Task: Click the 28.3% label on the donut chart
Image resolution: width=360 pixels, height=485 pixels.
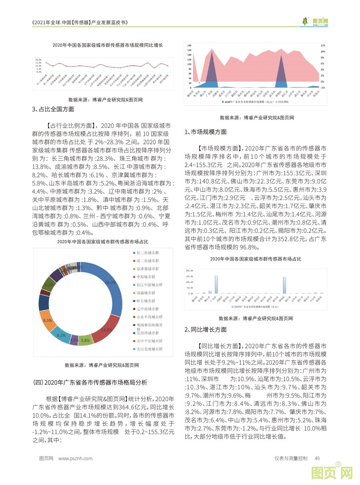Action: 111,282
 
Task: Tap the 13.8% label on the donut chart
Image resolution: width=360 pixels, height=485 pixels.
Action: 106,330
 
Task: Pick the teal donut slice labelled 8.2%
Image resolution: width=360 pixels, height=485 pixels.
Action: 61,335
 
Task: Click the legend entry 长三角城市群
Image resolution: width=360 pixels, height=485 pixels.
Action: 147,253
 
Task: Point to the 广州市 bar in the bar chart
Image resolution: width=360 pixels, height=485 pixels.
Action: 216,285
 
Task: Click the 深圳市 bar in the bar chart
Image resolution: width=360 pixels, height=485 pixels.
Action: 284,285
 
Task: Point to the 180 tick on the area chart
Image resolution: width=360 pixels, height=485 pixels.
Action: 190,45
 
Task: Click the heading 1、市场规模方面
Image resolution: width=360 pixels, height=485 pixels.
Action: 206,132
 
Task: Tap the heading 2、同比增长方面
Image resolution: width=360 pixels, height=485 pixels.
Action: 206,330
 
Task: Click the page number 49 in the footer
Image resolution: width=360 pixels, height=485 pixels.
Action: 318,459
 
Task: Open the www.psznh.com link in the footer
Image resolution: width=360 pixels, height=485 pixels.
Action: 75,459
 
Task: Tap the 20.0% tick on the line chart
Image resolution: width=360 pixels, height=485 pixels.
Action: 38,59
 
